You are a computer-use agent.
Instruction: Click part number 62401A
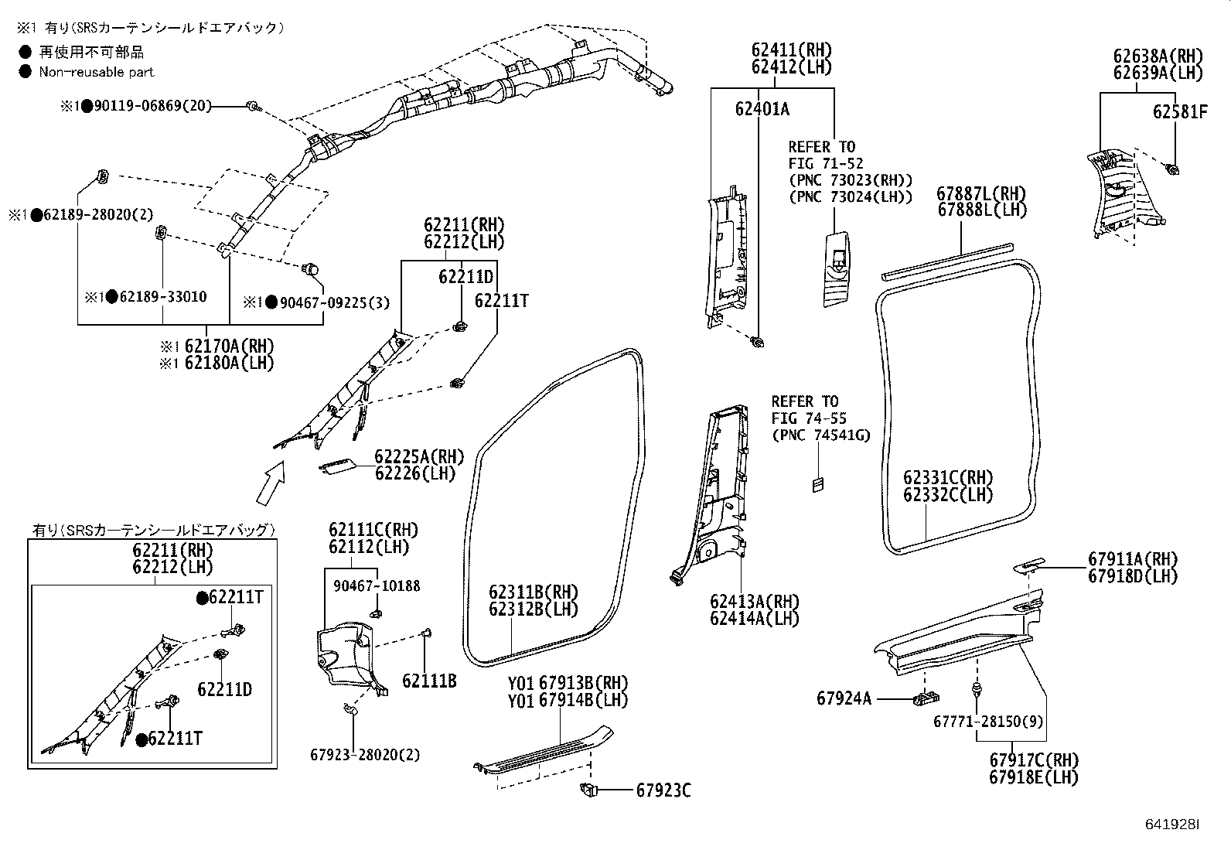click(762, 109)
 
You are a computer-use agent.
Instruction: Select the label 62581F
click(1179, 111)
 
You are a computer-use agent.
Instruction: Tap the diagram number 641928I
click(1171, 824)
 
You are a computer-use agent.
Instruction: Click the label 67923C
click(663, 790)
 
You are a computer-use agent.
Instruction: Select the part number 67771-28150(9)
click(988, 722)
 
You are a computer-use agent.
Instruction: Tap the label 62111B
click(429, 681)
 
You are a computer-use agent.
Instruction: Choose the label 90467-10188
click(377, 585)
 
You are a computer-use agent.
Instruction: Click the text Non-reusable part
click(97, 72)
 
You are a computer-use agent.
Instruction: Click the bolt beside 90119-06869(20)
click(251, 105)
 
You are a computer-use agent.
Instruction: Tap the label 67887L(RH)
click(981, 193)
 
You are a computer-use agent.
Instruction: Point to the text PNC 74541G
click(820, 435)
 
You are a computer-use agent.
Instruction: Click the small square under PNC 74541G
click(817, 484)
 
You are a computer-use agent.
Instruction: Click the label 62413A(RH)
click(755, 602)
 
